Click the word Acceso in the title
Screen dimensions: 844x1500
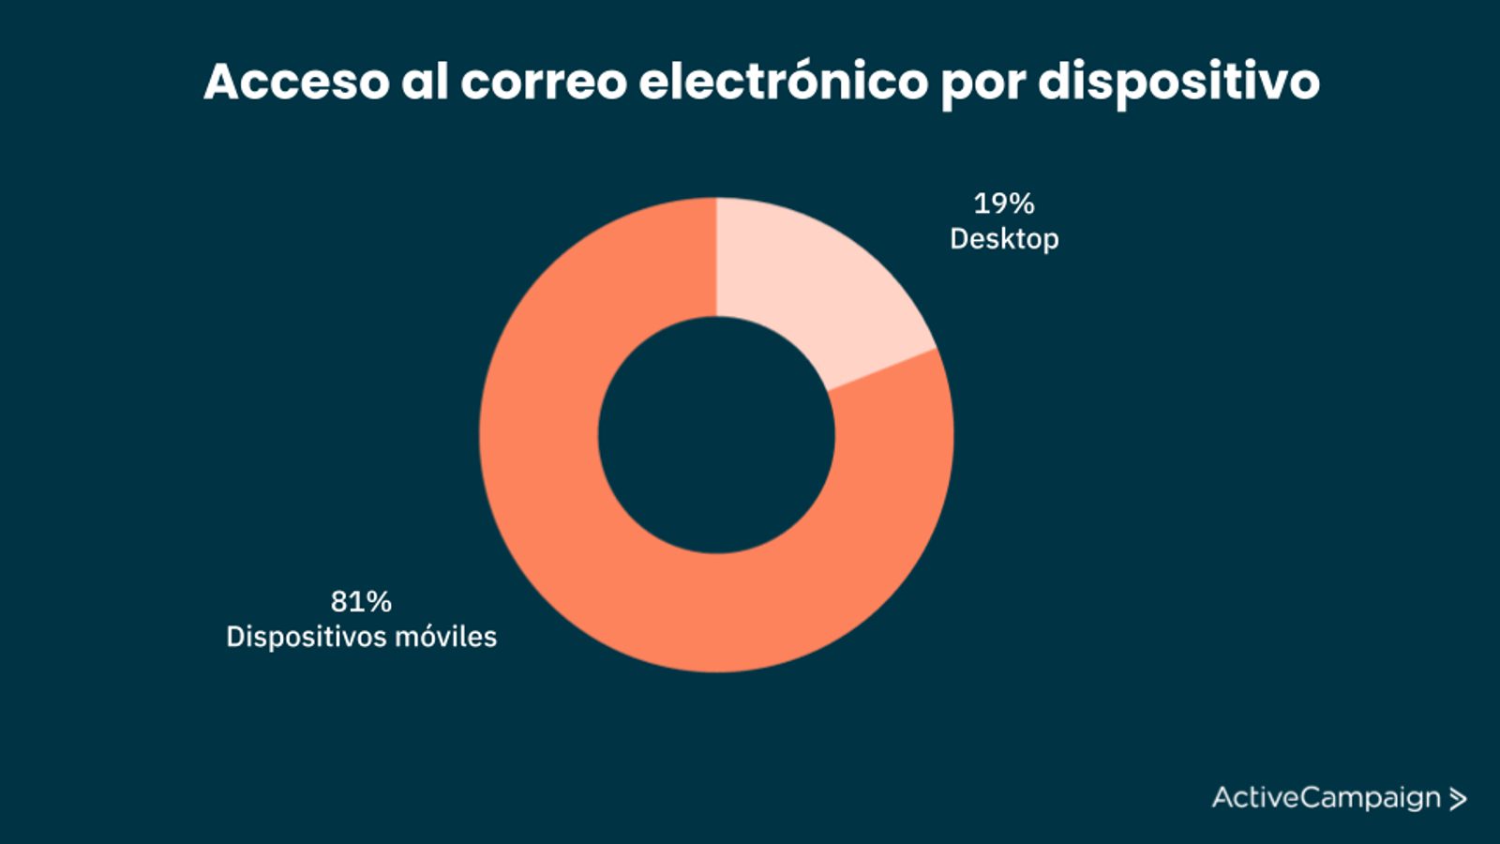pyautogui.click(x=296, y=82)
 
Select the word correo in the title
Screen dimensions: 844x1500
pyautogui.click(x=543, y=82)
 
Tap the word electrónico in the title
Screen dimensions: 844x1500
pyautogui.click(x=784, y=82)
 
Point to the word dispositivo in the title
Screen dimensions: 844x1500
pyautogui.click(x=1178, y=82)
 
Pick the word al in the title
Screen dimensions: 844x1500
pyautogui.click(x=424, y=82)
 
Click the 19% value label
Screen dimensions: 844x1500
pyautogui.click(x=1003, y=203)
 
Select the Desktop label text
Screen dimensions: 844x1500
pyautogui.click(x=1004, y=239)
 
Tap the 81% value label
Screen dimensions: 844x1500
pyautogui.click(x=361, y=601)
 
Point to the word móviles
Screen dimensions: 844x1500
pyautogui.click(x=446, y=637)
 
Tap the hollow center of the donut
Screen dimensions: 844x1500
pyautogui.click(x=716, y=435)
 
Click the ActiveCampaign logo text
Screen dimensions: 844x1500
pyautogui.click(x=1326, y=798)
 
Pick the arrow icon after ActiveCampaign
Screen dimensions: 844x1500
pyautogui.click(x=1458, y=799)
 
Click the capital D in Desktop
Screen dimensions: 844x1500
pyautogui.click(x=960, y=239)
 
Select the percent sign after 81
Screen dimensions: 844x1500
pyautogui.click(x=379, y=601)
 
